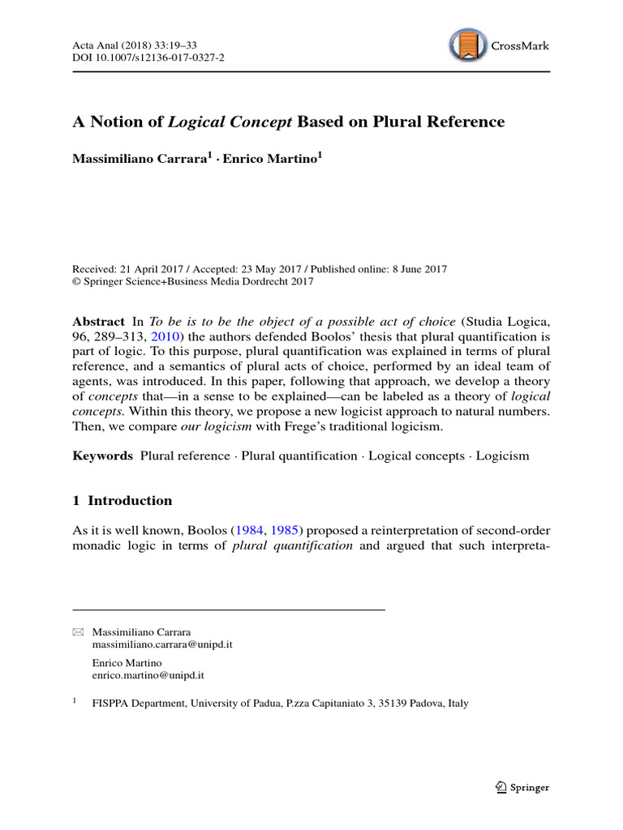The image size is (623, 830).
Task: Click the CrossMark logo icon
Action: [x=468, y=45]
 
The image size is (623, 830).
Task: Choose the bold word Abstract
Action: [x=98, y=321]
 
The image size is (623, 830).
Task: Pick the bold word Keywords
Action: [x=102, y=456]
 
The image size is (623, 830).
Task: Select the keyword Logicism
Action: [x=502, y=456]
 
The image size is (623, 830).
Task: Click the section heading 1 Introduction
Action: [x=122, y=500]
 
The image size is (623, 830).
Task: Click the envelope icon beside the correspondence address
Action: [x=78, y=631]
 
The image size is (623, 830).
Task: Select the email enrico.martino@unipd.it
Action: [x=148, y=674]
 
